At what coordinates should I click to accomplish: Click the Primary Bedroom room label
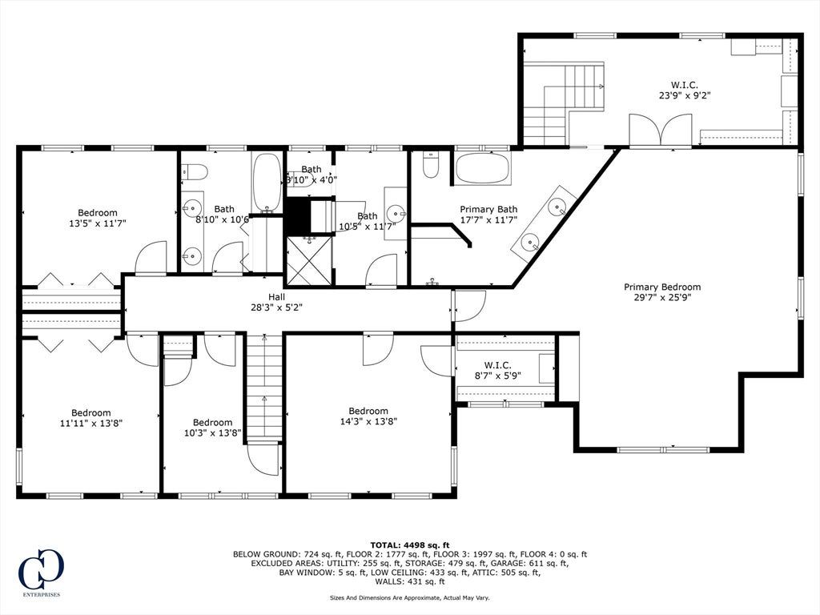pyautogui.click(x=662, y=287)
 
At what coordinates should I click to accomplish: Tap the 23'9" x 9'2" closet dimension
pyautogui.click(x=685, y=95)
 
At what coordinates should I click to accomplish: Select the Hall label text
pyautogui.click(x=276, y=297)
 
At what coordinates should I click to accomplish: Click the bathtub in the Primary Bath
pyautogui.click(x=481, y=168)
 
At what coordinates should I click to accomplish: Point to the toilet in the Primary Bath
pyautogui.click(x=430, y=164)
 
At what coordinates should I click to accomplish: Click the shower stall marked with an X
pyautogui.click(x=309, y=260)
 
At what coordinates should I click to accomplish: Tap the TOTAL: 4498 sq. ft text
pyautogui.click(x=410, y=545)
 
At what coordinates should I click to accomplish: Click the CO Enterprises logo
pyautogui.click(x=41, y=571)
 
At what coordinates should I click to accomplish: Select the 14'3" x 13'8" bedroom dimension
pyautogui.click(x=368, y=420)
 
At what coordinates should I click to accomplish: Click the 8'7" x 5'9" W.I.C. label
pyautogui.click(x=497, y=370)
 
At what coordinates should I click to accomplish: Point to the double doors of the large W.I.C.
pyautogui.click(x=661, y=129)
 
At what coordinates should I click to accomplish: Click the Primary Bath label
pyautogui.click(x=488, y=209)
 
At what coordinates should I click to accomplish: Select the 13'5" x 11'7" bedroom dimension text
pyautogui.click(x=98, y=223)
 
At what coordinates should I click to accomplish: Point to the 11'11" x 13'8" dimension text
pyautogui.click(x=91, y=423)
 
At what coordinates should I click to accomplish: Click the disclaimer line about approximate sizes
pyautogui.click(x=409, y=597)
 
